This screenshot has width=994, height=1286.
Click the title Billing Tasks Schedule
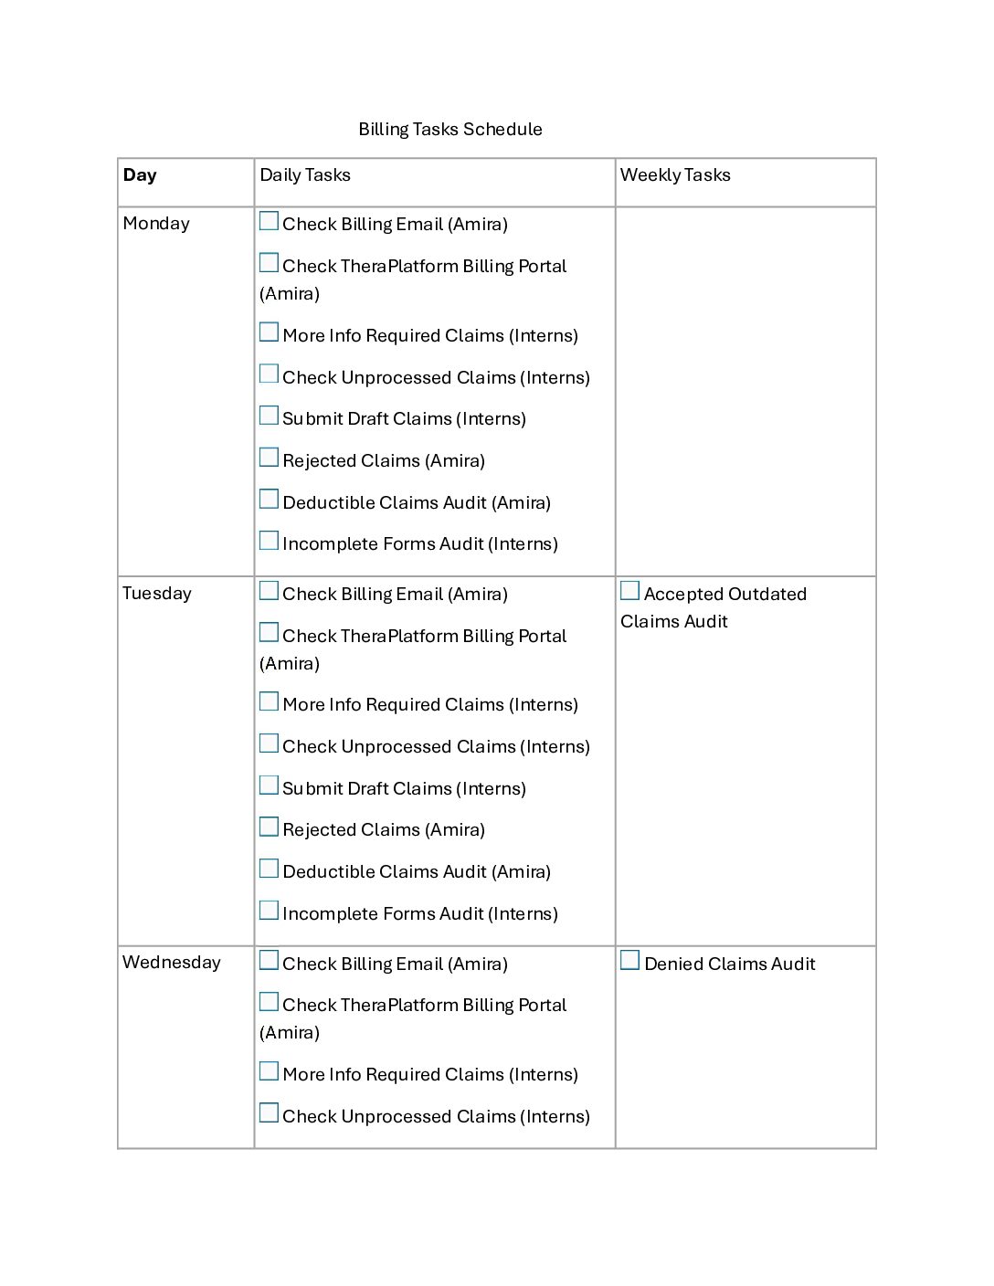coord(449,130)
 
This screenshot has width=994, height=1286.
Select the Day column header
coord(140,175)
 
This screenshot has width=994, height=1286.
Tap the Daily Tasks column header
coord(305,175)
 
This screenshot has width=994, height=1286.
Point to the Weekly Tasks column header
coord(675,175)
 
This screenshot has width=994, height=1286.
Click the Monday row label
coord(156,224)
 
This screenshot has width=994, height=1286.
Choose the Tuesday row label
coord(157,594)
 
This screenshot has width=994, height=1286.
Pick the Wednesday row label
coord(172,963)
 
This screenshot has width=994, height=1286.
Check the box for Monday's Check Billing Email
coord(269,222)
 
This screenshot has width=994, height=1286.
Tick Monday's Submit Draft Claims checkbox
coord(269,416)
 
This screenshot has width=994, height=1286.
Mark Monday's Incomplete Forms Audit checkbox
coord(269,542)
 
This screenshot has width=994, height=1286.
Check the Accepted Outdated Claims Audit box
coord(630,592)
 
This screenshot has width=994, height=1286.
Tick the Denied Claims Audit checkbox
coord(630,961)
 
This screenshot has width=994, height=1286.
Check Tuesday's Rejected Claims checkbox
coord(269,827)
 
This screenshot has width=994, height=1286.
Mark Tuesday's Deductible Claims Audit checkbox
coord(269,870)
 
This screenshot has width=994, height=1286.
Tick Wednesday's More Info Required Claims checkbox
coord(269,1072)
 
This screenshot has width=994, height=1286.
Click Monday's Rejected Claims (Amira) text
coord(384,461)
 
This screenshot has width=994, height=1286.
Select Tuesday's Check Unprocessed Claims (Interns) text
coord(436,747)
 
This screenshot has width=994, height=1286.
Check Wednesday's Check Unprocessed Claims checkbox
coord(269,1113)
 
